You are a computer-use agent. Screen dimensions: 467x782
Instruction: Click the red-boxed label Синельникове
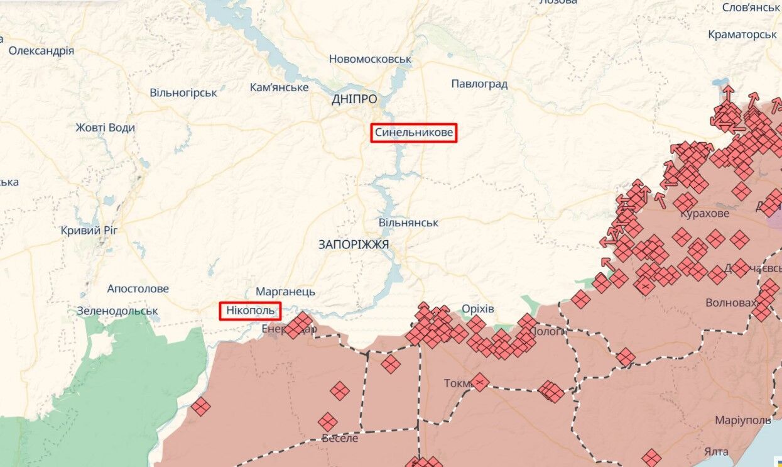(413, 133)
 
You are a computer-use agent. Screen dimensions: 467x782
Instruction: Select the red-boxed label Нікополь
(250, 310)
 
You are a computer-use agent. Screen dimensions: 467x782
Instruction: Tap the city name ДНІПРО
(355, 99)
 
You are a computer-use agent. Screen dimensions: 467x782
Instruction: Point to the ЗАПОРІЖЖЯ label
(354, 244)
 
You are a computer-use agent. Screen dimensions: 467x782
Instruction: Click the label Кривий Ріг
(89, 231)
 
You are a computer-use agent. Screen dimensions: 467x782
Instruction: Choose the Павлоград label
(479, 84)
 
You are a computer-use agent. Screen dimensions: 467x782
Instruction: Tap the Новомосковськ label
(370, 59)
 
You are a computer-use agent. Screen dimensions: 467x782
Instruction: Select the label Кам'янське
(279, 87)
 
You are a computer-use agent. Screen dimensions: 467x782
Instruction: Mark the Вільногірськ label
(183, 93)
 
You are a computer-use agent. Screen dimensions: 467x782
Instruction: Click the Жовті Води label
(105, 128)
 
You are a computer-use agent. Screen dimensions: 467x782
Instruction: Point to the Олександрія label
(41, 51)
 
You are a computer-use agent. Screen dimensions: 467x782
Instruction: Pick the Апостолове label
(138, 289)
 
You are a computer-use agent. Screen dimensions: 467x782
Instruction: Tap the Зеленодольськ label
(117, 311)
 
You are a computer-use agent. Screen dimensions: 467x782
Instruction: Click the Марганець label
(285, 292)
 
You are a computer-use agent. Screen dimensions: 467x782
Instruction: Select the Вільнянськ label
(408, 223)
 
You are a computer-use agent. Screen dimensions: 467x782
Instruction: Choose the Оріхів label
(477, 309)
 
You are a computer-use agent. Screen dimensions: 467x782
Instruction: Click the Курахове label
(705, 214)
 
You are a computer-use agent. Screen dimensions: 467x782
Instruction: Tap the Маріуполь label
(742, 420)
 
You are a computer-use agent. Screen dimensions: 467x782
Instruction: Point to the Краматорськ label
(742, 35)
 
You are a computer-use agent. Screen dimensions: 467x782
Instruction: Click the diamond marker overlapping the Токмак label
(479, 382)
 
